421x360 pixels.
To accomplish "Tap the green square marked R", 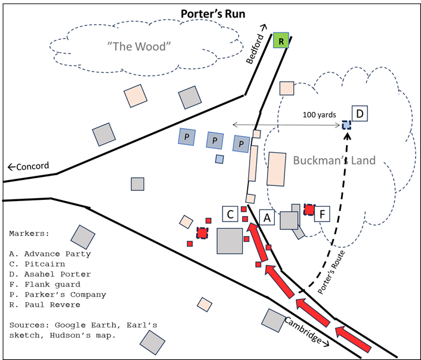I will click(x=280, y=40).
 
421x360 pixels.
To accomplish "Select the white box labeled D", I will click(x=360, y=114).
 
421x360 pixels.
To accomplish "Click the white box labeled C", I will click(x=230, y=214).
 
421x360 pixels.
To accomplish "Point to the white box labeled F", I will click(x=323, y=214).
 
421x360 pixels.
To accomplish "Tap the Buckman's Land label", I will click(x=334, y=161).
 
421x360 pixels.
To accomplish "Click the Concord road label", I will click(x=28, y=166).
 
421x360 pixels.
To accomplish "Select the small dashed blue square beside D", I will click(x=346, y=125).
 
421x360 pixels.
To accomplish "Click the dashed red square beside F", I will click(x=309, y=209).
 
